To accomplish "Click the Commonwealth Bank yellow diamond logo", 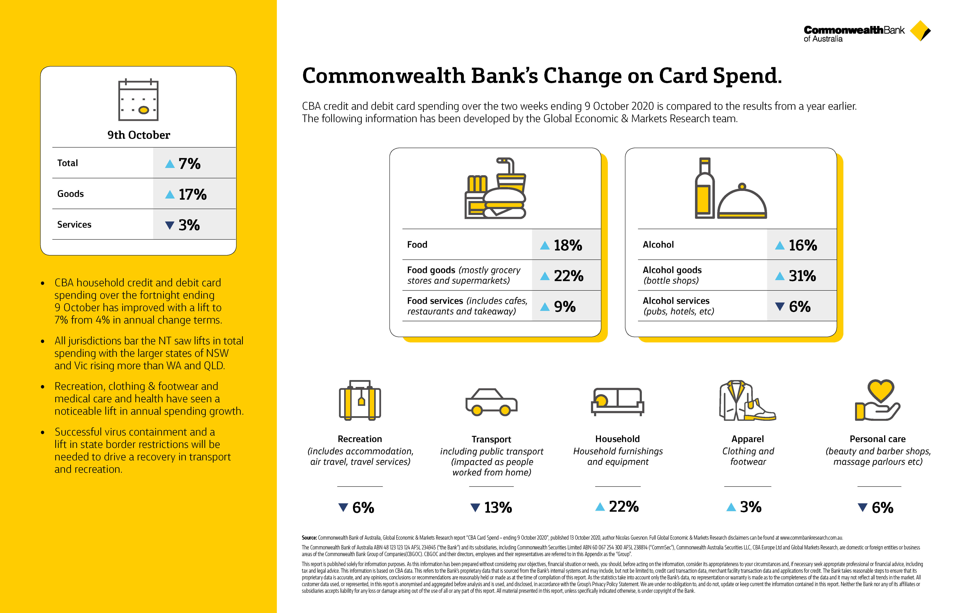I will tap(920, 31).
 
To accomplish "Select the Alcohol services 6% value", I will tap(800, 306).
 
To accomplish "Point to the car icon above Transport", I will tap(491, 402).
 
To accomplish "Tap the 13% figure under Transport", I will tap(498, 508).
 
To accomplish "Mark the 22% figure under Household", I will tap(624, 507).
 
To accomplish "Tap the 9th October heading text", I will tap(139, 135).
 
